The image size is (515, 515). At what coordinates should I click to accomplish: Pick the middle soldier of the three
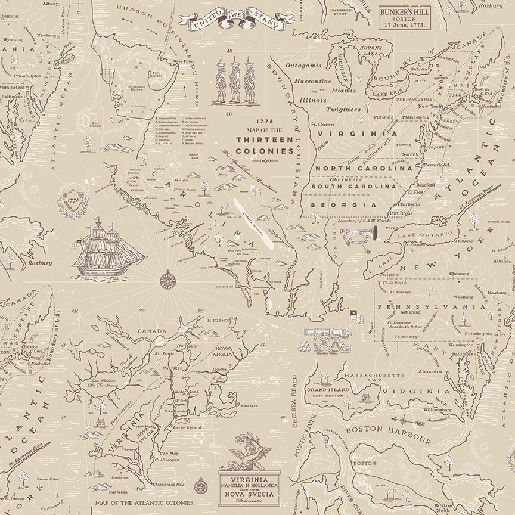(234, 81)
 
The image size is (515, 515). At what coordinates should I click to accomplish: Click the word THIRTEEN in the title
(265, 139)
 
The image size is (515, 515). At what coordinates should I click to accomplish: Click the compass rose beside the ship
(167, 279)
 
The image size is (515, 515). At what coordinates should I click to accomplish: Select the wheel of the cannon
(325, 342)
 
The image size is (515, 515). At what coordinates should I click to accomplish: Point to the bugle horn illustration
(359, 234)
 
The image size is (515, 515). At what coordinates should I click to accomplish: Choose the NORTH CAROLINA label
(364, 169)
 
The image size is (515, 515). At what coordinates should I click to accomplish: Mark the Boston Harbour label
(388, 435)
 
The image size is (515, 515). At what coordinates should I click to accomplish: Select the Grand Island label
(324, 389)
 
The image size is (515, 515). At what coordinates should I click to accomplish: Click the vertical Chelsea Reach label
(294, 402)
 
